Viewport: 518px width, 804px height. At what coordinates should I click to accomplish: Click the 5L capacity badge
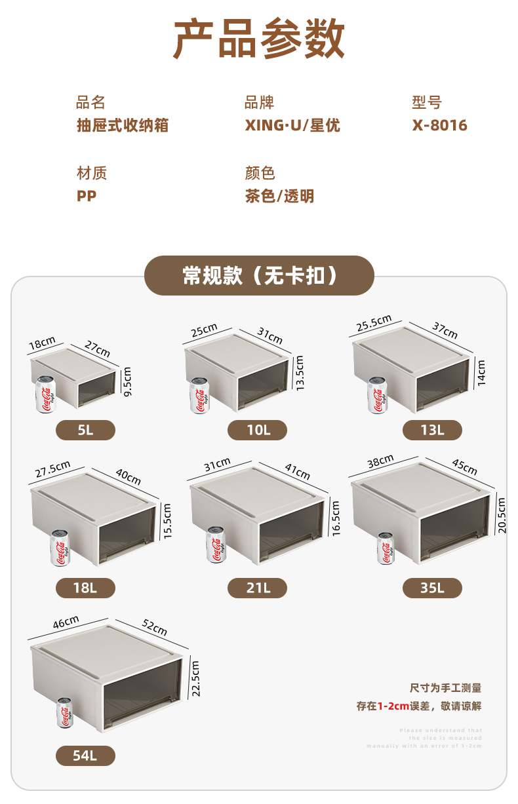tap(85, 431)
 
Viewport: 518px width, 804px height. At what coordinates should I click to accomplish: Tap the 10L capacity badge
tap(257, 431)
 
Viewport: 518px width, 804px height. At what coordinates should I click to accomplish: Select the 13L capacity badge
tap(432, 431)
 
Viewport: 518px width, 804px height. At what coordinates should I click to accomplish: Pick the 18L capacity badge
tap(85, 588)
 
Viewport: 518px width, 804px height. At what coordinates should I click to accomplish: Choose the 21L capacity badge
tap(257, 588)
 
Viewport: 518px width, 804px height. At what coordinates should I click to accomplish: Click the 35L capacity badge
tap(432, 588)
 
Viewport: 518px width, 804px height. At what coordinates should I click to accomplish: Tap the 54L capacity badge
tap(85, 756)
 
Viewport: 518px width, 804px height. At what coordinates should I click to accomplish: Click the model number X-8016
tap(439, 125)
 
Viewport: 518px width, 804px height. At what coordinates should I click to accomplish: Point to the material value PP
tap(87, 196)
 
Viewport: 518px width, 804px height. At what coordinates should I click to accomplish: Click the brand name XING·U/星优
tap(292, 125)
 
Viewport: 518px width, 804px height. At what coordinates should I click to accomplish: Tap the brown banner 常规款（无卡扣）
tap(259, 276)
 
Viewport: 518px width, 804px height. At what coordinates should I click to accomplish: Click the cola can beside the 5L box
tap(45, 394)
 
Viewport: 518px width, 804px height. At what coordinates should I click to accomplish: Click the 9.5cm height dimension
tap(128, 381)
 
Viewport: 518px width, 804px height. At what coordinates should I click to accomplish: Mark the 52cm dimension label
tap(155, 628)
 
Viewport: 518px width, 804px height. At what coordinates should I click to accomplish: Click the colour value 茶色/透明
tap(279, 196)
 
